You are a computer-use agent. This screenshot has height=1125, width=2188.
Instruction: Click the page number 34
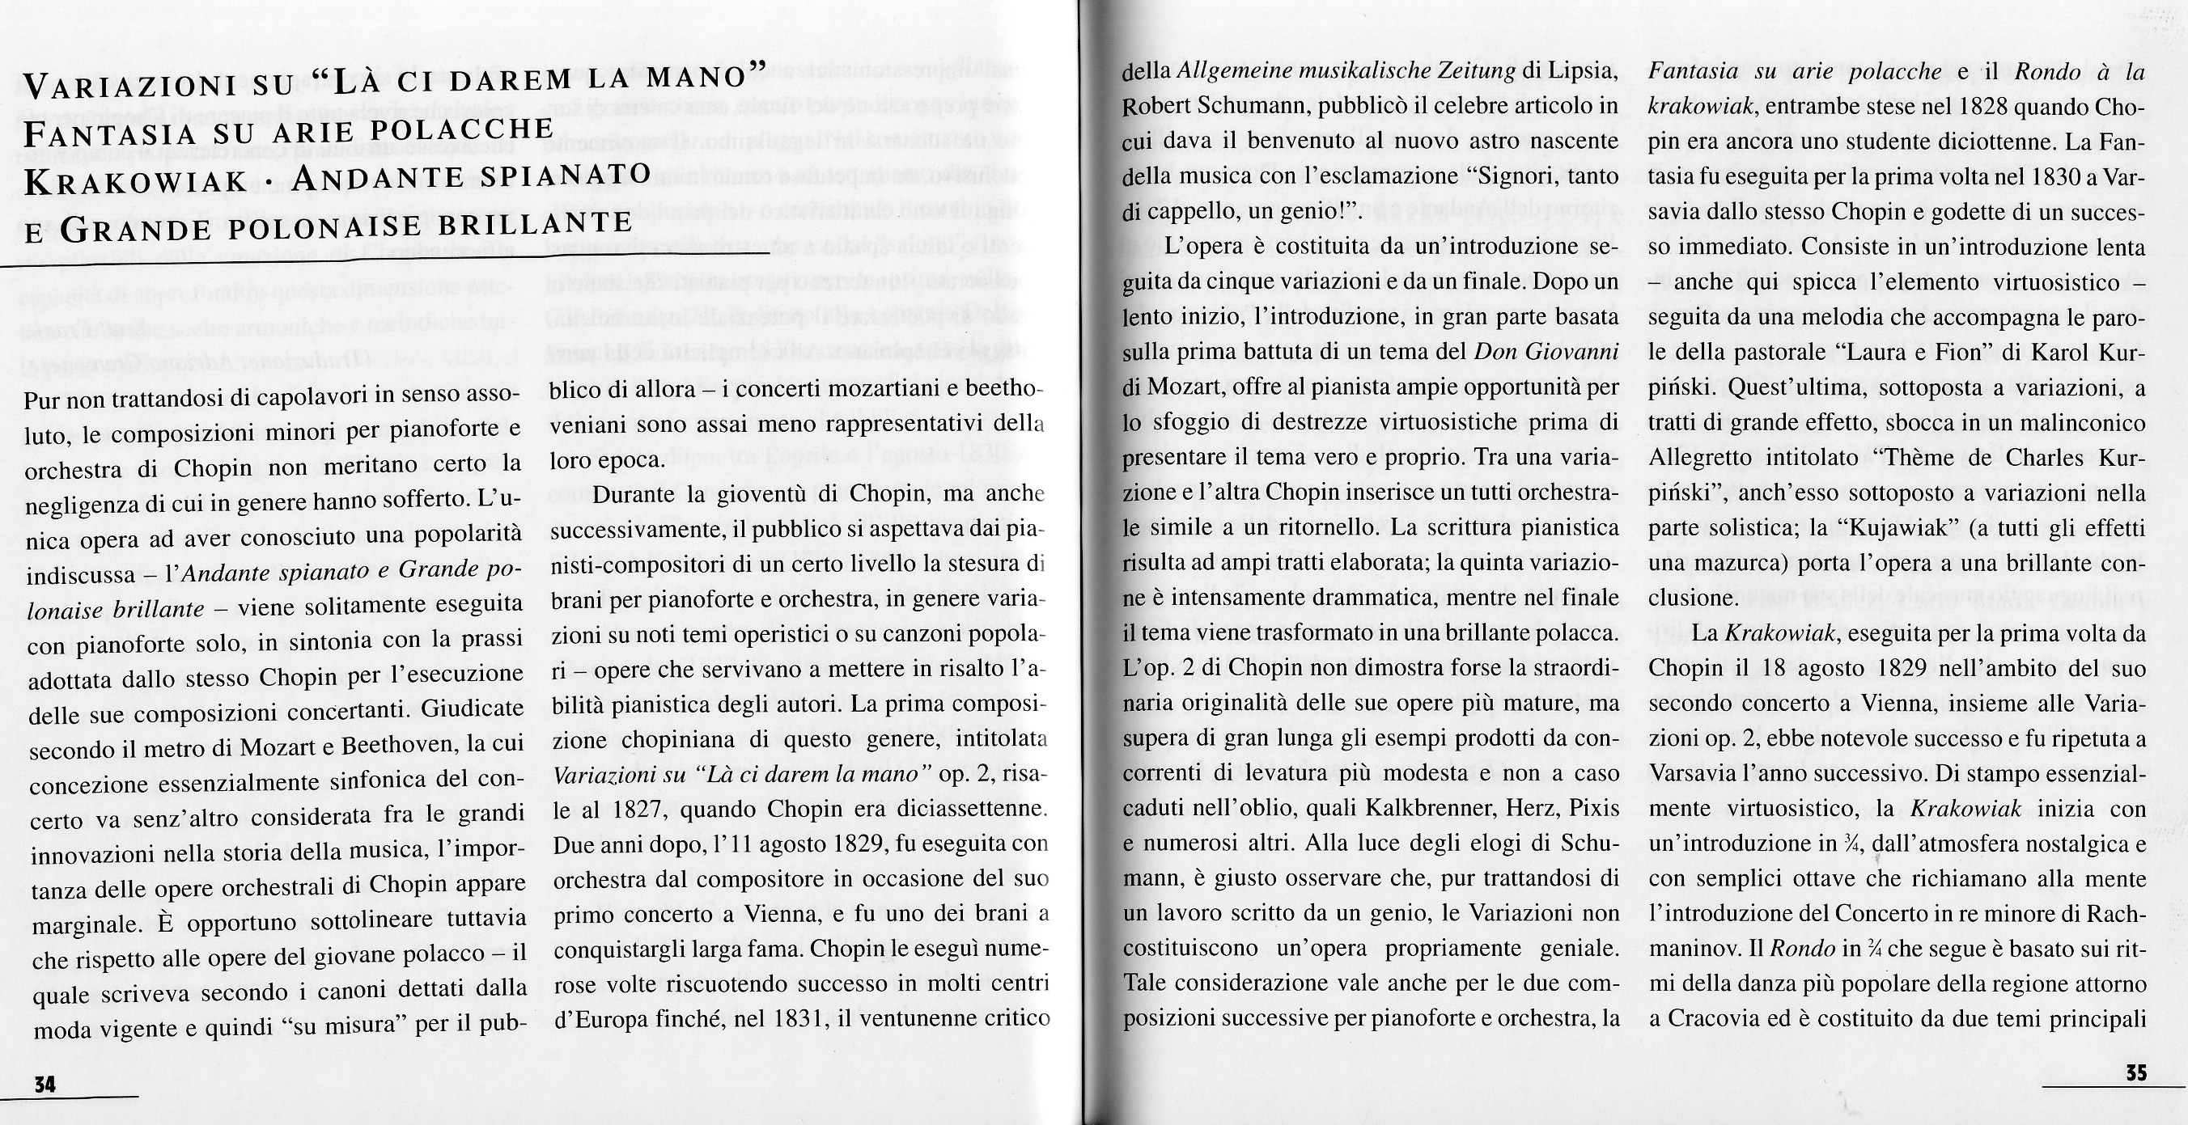pos(45,1084)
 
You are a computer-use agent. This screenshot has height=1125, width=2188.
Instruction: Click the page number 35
pos(2135,1073)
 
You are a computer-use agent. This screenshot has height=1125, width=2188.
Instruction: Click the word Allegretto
pos(1698,459)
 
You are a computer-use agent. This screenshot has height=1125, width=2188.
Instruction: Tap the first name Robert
pos(1156,107)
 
